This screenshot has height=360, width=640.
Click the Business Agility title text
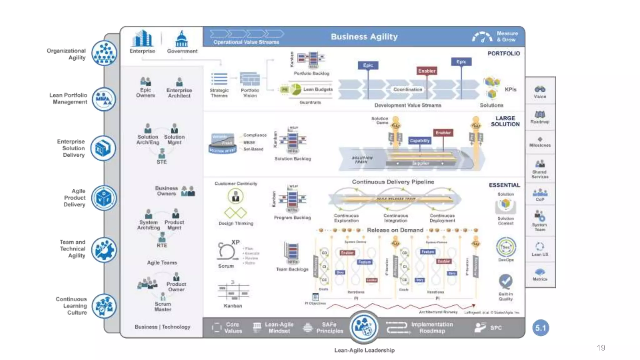tap(364, 37)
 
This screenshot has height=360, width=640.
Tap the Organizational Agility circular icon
tap(104, 53)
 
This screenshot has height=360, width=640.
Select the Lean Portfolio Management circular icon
tap(104, 99)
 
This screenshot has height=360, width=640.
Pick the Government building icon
tap(182, 39)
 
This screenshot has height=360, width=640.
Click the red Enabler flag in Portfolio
tap(427, 71)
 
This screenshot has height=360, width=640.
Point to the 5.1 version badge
tap(541, 328)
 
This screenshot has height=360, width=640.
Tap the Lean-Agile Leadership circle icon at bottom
tap(364, 327)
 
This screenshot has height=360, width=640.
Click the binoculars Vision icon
tap(540, 89)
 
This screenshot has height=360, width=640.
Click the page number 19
tap(601, 348)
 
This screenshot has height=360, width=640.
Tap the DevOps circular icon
tap(506, 247)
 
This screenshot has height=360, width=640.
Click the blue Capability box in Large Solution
tap(420, 141)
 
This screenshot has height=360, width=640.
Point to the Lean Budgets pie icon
tap(296, 90)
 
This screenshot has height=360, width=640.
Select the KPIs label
tap(511, 89)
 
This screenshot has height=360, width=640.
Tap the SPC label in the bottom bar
tap(496, 328)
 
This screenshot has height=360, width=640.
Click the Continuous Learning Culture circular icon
tap(104, 306)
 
